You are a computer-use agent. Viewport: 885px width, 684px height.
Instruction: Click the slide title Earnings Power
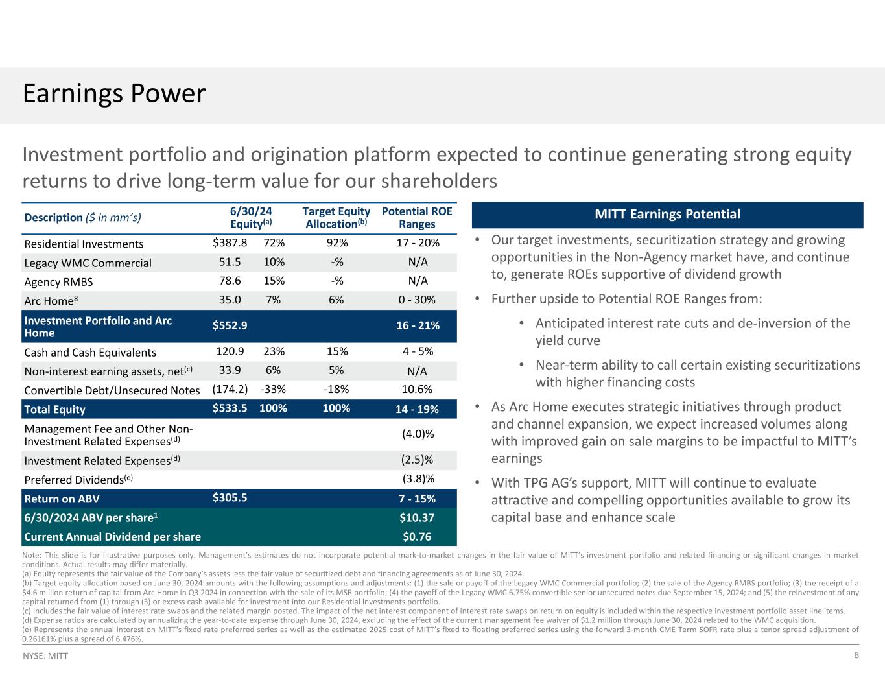click(x=114, y=94)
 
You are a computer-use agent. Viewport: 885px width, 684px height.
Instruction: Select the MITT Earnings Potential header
click(x=667, y=215)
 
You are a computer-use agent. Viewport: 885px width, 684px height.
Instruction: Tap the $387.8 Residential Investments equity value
click(x=230, y=243)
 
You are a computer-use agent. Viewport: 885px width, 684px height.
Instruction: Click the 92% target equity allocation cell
click(x=336, y=243)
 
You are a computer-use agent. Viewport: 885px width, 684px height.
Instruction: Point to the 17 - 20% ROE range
click(x=418, y=243)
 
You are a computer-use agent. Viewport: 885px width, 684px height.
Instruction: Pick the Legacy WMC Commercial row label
click(x=88, y=263)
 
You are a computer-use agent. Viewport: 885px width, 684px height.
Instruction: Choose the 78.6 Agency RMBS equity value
click(x=230, y=281)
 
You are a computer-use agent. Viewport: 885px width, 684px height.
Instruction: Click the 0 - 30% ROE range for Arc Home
click(x=418, y=300)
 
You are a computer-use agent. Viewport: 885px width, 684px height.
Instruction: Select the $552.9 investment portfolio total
click(x=230, y=325)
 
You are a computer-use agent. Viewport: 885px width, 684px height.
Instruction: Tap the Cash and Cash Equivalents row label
click(x=90, y=353)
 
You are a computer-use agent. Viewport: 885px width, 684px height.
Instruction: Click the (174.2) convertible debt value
click(x=230, y=390)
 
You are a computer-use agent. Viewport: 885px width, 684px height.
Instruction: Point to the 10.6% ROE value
click(x=418, y=390)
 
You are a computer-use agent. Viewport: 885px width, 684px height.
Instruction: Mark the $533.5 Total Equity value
click(x=230, y=408)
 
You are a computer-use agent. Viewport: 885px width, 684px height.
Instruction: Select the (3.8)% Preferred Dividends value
click(x=418, y=479)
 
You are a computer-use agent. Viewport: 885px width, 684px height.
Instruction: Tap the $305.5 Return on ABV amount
click(x=230, y=498)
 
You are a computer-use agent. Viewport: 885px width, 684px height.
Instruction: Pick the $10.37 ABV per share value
click(x=418, y=518)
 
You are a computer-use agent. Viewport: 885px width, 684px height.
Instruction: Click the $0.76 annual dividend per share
click(x=418, y=536)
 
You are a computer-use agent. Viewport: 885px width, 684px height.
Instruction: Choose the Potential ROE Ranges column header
click(x=418, y=218)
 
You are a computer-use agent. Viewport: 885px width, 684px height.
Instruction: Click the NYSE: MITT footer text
click(x=45, y=656)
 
